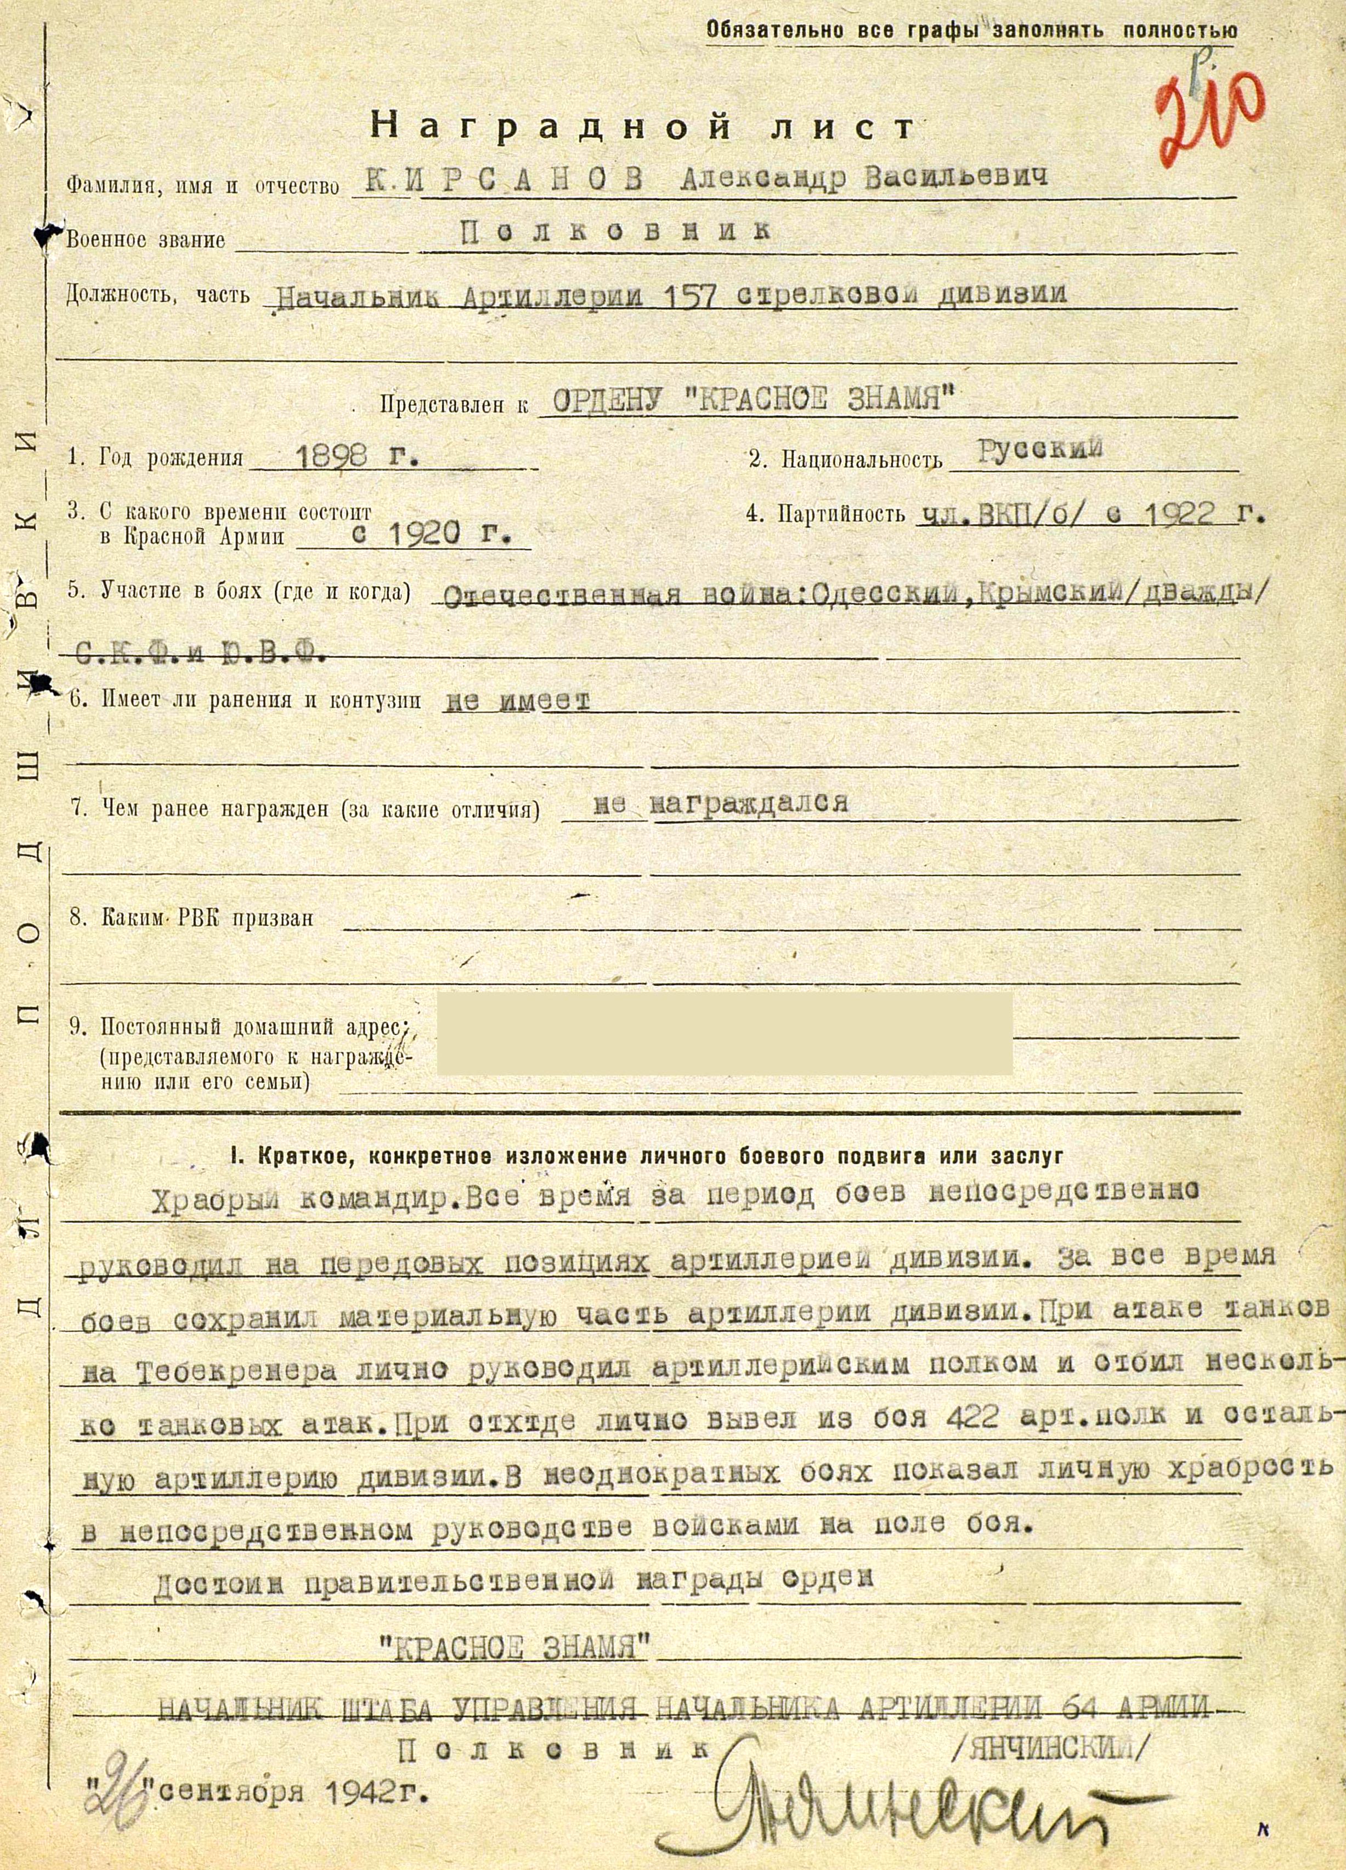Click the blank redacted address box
(x=723, y=1033)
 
